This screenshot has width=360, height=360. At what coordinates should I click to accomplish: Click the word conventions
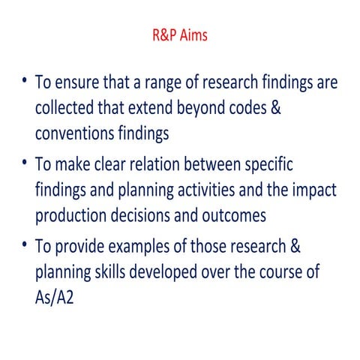(79, 132)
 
